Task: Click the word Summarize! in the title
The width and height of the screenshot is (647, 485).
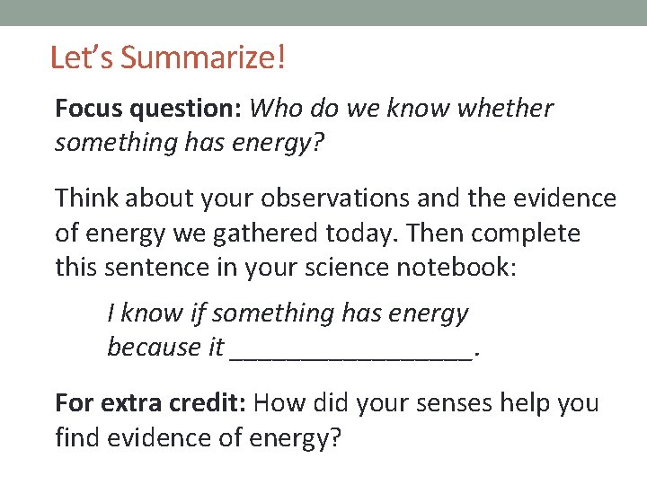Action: tap(203, 58)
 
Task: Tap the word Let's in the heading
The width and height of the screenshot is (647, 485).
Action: tap(83, 58)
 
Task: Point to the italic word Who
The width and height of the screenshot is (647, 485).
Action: tap(274, 109)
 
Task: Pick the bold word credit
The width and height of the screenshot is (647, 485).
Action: tap(204, 402)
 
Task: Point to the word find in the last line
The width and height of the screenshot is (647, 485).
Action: tap(77, 439)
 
